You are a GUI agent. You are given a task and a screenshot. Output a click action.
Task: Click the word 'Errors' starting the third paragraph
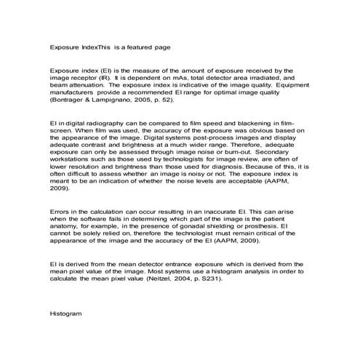coord(60,211)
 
